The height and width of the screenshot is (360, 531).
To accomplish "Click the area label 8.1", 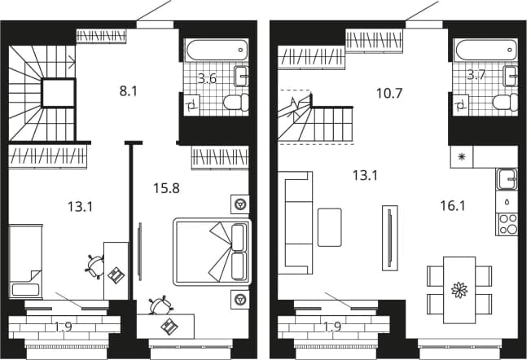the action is coord(129,91).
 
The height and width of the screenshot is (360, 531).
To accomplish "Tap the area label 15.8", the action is coord(166,188).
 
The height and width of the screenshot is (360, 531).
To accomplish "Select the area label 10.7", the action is coord(389,93).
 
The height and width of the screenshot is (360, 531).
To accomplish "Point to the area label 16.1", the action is coord(453,205).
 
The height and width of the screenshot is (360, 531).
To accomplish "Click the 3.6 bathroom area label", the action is coord(207,78).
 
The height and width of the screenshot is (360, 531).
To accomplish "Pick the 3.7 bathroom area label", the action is coord(476,74).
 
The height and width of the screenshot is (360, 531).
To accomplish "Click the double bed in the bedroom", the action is coord(212,252).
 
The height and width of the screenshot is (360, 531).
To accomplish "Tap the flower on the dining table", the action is coord(459,290).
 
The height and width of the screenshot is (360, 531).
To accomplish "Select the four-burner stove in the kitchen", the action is coord(507,224).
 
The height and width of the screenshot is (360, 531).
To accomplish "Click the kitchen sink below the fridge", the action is coord(507,178).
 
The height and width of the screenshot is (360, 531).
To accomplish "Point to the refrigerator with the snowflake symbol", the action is coord(461,157).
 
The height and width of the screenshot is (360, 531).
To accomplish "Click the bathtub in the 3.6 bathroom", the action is coord(217,50).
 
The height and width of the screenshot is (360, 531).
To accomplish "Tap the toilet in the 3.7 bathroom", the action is coord(506,103).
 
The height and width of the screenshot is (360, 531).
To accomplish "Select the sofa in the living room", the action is coord(295,222).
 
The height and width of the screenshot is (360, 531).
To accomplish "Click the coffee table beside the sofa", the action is coord(329,227).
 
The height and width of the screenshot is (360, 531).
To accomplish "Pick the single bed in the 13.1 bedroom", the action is coord(25,261).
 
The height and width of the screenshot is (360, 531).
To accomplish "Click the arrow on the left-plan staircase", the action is coord(72,62).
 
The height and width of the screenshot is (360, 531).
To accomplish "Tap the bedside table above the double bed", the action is coord(240,204).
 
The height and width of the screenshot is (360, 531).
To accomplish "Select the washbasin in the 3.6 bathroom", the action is coord(241,77).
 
